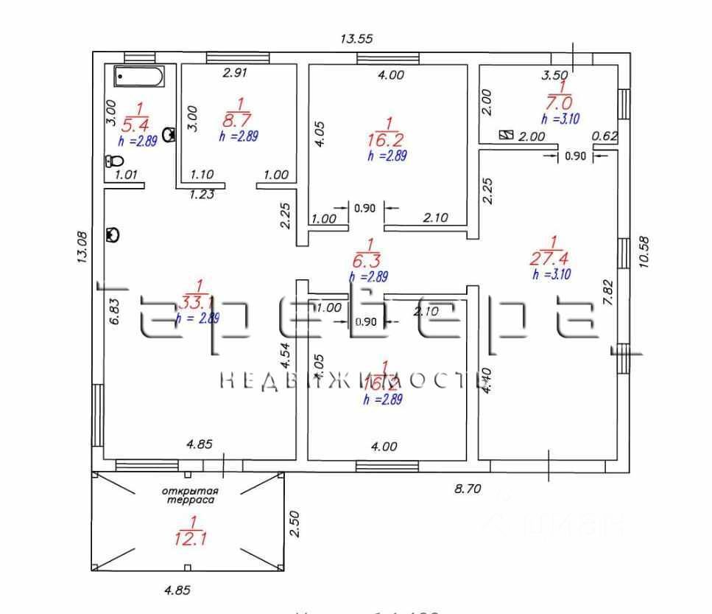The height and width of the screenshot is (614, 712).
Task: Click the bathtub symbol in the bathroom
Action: [139, 77]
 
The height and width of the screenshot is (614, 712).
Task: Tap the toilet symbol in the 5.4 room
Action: [113, 161]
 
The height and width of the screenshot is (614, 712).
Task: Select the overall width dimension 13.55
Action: [357, 39]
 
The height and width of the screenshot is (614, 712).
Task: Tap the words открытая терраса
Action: [188, 495]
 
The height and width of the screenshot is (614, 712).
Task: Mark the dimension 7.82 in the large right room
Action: [608, 296]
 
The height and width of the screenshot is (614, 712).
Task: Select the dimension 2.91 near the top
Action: [237, 73]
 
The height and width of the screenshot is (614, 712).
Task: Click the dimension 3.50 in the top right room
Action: [554, 74]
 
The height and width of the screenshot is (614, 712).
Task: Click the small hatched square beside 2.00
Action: [506, 135]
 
